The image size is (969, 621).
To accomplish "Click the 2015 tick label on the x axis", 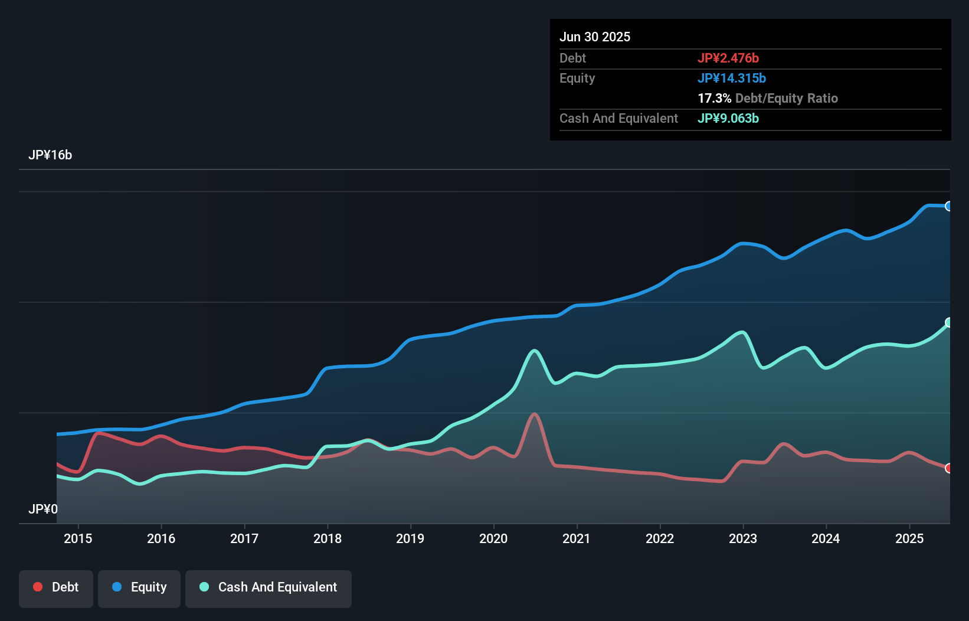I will (78, 538).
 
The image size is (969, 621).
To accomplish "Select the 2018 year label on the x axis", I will (328, 538).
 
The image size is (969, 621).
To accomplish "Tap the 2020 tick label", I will (493, 538).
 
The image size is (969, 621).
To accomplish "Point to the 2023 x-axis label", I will (743, 538).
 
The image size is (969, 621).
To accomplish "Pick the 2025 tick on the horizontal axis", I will (909, 538).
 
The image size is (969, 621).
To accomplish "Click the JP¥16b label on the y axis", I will (50, 155).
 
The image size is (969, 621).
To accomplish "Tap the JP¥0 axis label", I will (43, 509).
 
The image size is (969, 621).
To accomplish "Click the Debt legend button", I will (56, 587).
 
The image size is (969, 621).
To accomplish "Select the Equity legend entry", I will (139, 587).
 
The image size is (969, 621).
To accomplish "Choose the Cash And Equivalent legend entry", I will (269, 587).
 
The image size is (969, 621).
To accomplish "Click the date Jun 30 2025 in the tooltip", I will (595, 37).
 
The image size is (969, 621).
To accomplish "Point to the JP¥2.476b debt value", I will (728, 58).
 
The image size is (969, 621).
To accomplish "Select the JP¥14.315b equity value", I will (732, 78).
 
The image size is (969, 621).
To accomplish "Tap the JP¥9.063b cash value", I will (728, 118).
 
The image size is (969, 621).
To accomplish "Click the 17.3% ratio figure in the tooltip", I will (714, 98).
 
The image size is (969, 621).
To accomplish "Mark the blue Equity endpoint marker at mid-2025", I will (949, 206).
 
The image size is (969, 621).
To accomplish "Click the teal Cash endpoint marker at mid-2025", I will (949, 322).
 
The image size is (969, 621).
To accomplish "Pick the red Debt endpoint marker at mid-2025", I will (949, 468).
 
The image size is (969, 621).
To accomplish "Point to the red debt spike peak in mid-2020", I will (535, 414).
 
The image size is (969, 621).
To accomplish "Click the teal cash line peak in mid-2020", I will (535, 351).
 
